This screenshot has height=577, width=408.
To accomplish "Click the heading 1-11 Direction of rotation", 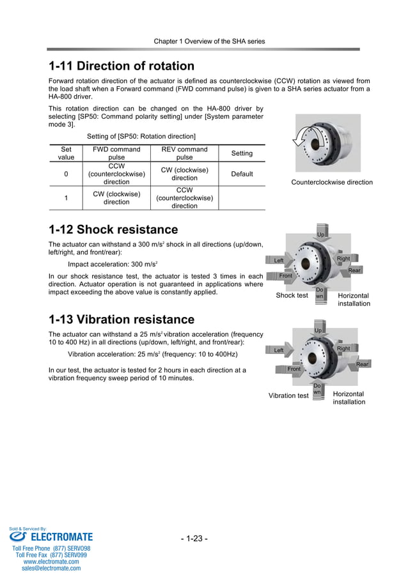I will [122, 66].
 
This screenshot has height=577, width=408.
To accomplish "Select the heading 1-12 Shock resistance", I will [113, 229].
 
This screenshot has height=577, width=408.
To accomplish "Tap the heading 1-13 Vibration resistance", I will [121, 319].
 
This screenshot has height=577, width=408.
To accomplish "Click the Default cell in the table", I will [242, 174].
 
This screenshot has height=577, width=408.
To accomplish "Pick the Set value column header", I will [66, 153].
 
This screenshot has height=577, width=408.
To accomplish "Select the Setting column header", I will [242, 153].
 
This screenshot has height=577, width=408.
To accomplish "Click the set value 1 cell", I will [66, 198].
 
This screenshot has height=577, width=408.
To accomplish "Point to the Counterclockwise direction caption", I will [331, 182].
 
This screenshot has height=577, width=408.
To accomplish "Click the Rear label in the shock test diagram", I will [354, 270].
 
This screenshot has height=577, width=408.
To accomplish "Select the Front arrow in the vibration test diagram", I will [293, 369].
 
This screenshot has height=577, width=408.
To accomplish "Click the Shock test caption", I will [292, 296].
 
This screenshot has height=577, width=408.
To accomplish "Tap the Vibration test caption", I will [288, 396].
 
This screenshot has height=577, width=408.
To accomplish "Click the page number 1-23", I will [194, 539].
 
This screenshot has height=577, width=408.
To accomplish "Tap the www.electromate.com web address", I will [51, 562].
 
